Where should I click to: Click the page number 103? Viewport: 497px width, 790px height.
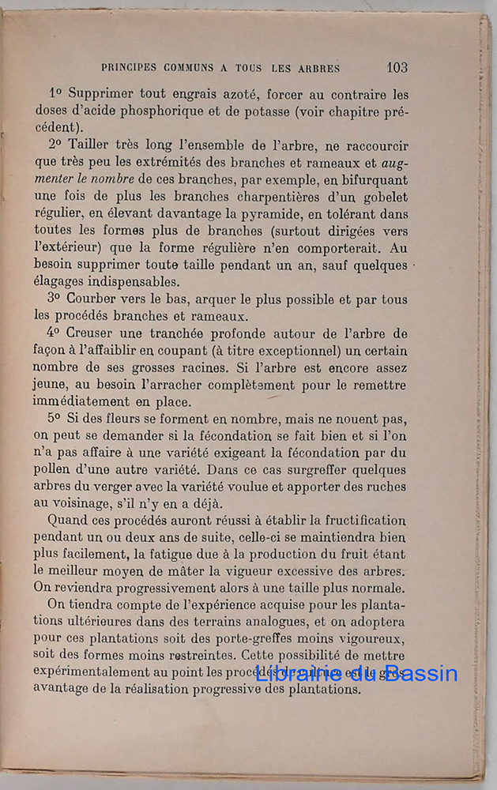coord(397,67)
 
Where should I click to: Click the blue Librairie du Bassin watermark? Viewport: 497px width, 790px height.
coord(357,674)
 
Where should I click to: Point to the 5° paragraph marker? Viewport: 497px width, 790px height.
coord(54,419)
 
